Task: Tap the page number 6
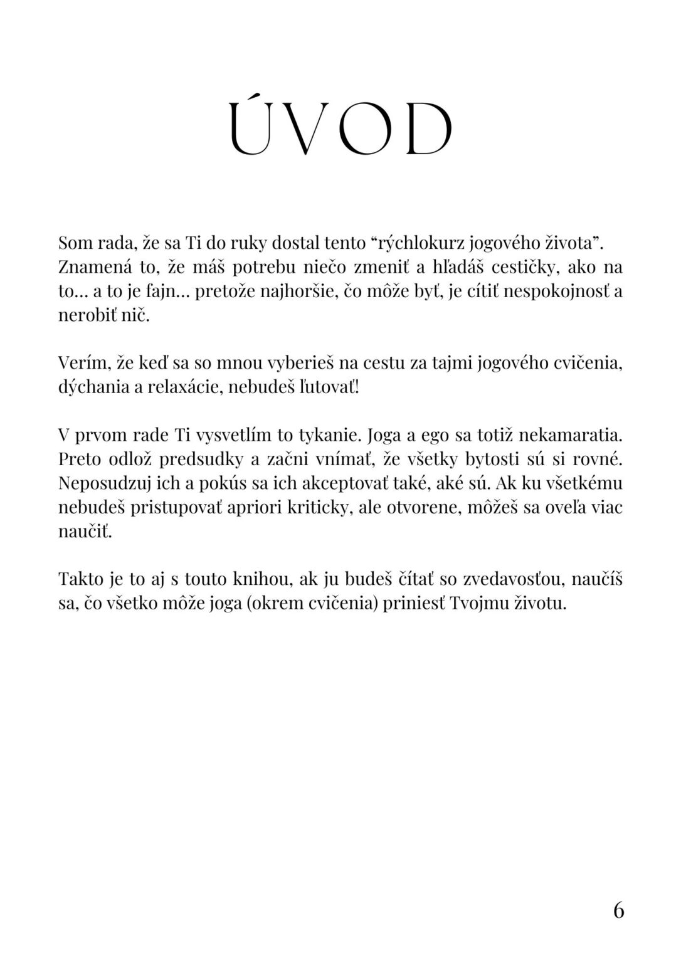(618, 910)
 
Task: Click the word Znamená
(93, 267)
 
